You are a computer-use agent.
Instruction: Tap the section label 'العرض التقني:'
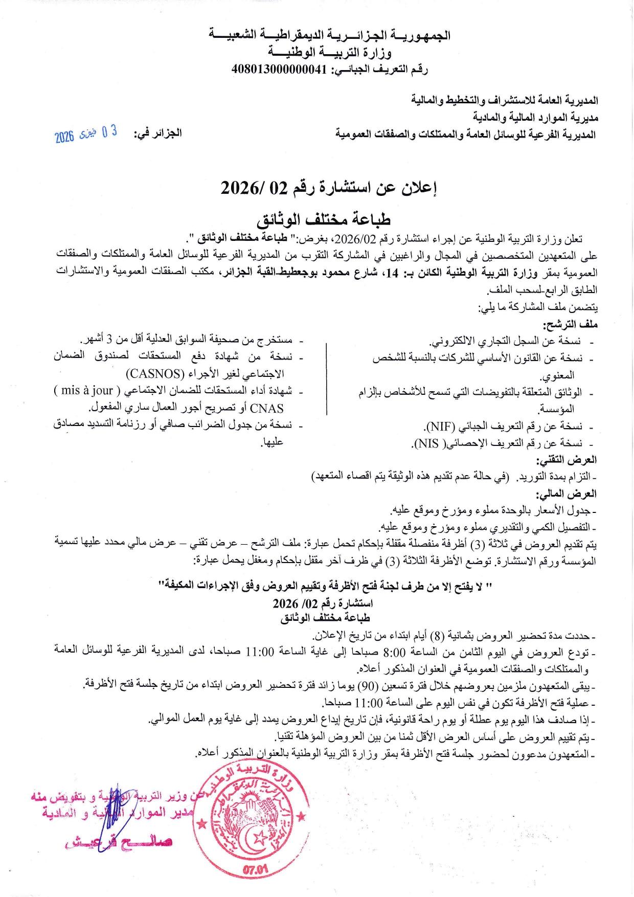point(567,460)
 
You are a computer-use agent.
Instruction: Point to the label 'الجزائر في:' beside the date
point(157,134)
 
